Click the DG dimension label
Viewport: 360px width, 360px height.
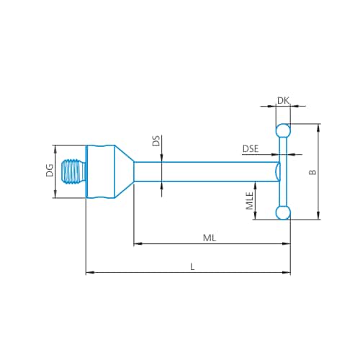tap(50, 171)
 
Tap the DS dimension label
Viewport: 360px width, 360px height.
tap(156, 141)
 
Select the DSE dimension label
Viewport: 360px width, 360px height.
tap(251, 149)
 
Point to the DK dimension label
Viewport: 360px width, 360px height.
tap(283, 101)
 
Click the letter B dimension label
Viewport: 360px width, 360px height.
tap(312, 172)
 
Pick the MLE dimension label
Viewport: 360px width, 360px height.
tap(250, 201)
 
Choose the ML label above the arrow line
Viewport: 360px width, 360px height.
tap(210, 238)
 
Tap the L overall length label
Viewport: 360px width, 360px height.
tap(192, 266)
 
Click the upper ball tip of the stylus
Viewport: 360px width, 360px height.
tap(283, 131)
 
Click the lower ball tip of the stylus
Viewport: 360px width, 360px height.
tap(283, 212)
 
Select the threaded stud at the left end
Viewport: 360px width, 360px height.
tap(73, 171)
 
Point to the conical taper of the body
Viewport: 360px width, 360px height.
tap(124, 171)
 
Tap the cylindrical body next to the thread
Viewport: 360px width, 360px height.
tap(100, 171)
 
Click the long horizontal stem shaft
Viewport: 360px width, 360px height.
tap(207, 171)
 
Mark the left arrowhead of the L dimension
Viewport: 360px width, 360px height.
tap(90, 272)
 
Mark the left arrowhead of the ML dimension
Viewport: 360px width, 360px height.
tap(138, 244)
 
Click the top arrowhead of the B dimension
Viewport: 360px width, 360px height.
tap(318, 128)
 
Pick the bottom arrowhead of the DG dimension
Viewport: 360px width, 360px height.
tap(55, 194)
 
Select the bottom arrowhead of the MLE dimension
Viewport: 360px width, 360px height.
tap(256, 215)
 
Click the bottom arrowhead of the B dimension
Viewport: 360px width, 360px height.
tap(318, 215)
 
